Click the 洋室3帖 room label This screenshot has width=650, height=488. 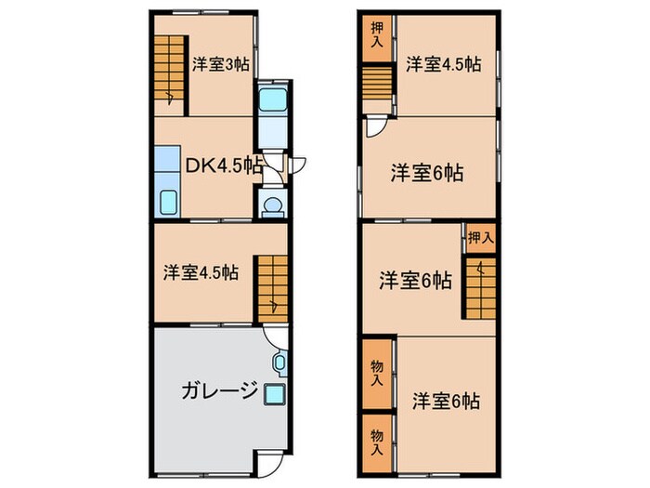coord(220,64)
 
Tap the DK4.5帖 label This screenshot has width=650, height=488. coord(224,165)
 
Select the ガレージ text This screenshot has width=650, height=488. coord(219,390)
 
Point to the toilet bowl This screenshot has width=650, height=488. coord(273,204)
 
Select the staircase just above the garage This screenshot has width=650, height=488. coord(273,286)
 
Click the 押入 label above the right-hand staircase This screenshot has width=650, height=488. coord(480,238)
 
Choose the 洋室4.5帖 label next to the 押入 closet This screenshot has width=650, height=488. coord(443,64)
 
